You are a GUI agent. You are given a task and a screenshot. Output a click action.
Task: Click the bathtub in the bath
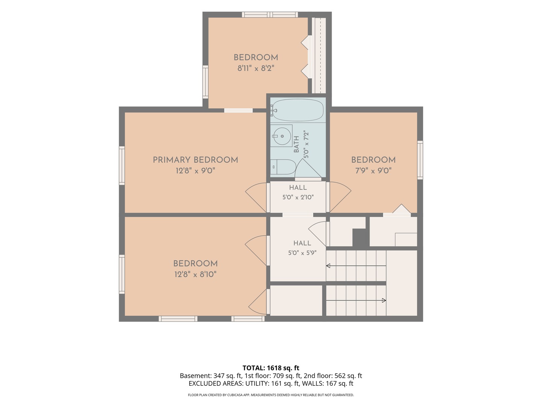(298, 110)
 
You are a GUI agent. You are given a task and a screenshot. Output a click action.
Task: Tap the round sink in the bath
(282, 136)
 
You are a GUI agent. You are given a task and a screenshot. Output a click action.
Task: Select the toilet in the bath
(283, 167)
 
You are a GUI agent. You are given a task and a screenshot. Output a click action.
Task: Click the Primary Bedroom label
(195, 160)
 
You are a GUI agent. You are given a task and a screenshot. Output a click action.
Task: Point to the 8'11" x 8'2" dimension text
(256, 68)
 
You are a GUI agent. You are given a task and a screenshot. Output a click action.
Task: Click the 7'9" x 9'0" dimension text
(373, 170)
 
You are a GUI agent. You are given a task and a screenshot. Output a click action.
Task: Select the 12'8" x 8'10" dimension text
(195, 274)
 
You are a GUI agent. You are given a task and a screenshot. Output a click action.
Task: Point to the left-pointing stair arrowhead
(328, 266)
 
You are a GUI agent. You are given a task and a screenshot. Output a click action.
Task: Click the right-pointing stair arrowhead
(384, 300)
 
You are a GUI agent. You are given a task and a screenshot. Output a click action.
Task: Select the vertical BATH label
(296, 144)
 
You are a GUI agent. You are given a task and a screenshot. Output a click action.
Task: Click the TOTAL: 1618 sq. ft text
(271, 368)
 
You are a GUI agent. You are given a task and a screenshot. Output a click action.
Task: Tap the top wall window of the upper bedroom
(269, 15)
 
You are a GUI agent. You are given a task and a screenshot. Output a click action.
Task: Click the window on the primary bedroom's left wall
(122, 165)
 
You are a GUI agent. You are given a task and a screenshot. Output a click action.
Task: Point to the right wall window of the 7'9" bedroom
(420, 160)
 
